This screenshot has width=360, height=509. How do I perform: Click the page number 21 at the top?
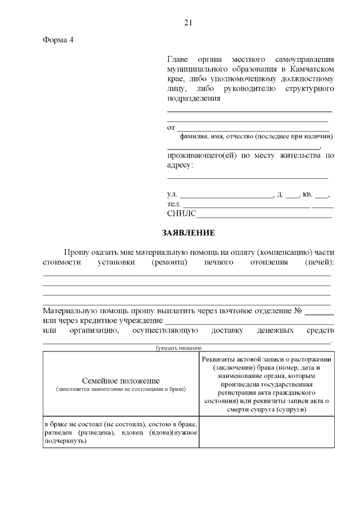188,22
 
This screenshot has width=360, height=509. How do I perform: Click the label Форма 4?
58,40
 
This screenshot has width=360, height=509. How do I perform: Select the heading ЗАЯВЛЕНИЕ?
188,232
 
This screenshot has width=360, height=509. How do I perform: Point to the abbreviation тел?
173,204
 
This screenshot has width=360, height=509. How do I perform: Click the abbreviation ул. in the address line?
172,195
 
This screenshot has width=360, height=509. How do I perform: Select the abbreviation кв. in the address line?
307,195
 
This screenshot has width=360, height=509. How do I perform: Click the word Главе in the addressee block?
179,60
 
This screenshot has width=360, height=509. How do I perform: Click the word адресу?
180,165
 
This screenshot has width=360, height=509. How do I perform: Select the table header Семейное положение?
121,381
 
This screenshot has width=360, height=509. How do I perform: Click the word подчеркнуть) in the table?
65,441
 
